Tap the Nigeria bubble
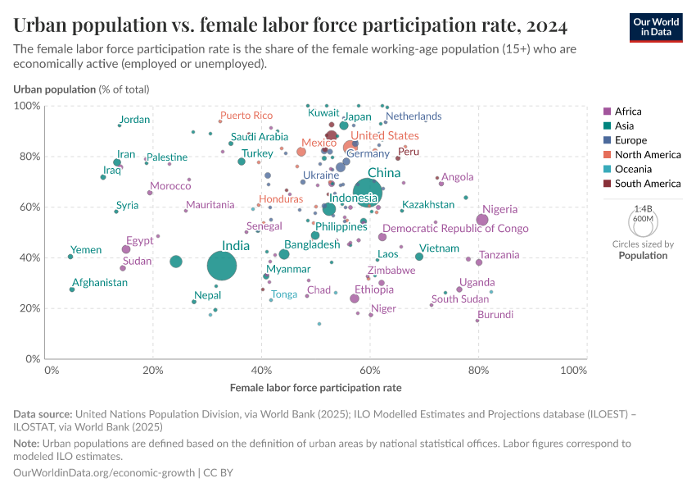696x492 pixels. (482, 220)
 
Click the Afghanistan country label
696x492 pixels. (99, 283)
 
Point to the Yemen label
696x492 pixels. (86, 250)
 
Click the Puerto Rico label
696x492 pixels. (246, 116)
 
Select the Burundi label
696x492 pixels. (495, 315)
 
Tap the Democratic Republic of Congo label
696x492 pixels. (455, 229)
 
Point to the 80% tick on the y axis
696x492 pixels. (30, 157)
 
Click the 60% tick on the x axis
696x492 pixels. (370, 371)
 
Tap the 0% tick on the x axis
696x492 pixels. (51, 371)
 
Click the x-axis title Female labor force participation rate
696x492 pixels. (316, 387)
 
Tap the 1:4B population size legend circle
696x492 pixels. (643, 222)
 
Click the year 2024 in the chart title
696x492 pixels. (541, 25)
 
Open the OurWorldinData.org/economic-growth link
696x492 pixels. (104, 473)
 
